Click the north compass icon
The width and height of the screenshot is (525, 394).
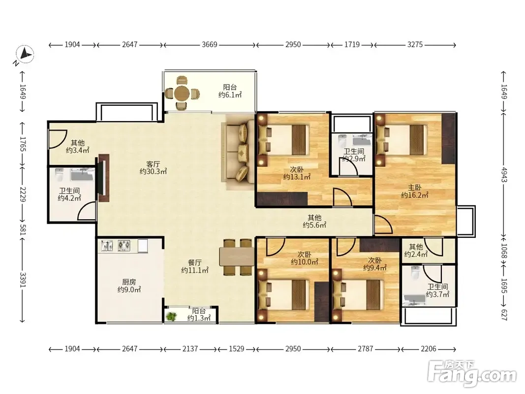pos(25,54)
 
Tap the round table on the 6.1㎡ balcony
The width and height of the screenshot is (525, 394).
pos(182,93)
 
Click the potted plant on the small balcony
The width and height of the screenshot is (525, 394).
pos(171,316)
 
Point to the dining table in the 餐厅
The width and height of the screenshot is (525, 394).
pos(236,256)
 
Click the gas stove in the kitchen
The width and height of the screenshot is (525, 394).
pos(124,246)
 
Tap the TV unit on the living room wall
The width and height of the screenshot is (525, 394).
pos(103,178)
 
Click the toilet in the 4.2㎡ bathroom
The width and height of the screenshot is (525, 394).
pos(59,174)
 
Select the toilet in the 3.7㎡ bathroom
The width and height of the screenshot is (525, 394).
pos(415,273)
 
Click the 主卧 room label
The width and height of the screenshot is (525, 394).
pos(414,187)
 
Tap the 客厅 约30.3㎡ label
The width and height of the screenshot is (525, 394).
pos(153,168)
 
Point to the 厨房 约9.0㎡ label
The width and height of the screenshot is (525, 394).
pos(129,286)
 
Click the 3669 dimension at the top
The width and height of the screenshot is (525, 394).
pos(210,44)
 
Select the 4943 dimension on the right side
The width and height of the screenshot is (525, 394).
pos(504,174)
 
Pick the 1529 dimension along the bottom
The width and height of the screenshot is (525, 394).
pos(236,349)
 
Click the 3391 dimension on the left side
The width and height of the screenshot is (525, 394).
pos(23,280)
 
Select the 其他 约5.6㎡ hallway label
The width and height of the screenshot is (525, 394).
pos(314,222)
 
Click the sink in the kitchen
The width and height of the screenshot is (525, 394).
pos(107,246)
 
